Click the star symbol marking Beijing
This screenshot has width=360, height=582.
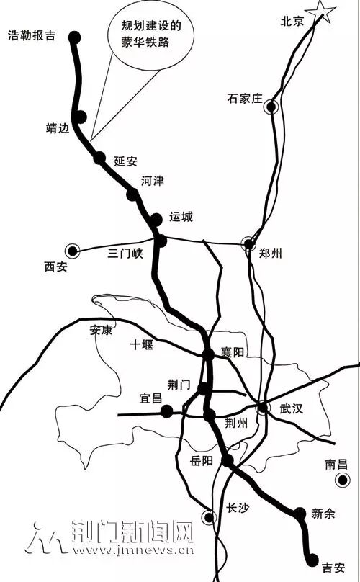point(320,12)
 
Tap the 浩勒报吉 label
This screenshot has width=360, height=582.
point(30,35)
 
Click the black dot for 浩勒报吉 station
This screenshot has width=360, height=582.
point(75,36)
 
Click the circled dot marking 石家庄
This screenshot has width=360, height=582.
point(271,108)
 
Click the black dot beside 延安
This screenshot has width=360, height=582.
point(99,158)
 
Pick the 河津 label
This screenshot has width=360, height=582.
point(153,180)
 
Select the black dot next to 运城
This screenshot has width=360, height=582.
point(156,220)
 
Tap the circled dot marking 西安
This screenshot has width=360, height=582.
point(73,251)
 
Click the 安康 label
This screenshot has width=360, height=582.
point(102,331)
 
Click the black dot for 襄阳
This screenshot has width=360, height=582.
point(207,354)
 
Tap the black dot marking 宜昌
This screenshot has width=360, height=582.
point(167,411)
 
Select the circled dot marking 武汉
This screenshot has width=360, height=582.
point(264,408)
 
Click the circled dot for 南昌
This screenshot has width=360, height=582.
point(342,480)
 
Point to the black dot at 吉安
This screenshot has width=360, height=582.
point(313,558)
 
